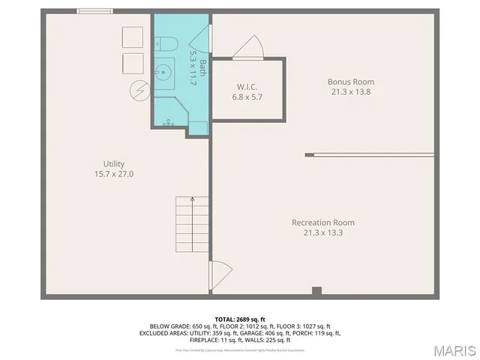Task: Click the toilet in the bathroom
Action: (x=166, y=43)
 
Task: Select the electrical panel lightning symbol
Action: (x=139, y=91)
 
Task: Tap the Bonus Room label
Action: (x=350, y=82)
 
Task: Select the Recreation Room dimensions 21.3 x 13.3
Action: (x=322, y=232)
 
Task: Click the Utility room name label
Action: (x=114, y=164)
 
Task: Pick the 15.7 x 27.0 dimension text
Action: (x=114, y=174)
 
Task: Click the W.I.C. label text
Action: (x=247, y=87)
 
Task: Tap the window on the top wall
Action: (x=95, y=10)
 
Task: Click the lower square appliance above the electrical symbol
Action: (x=132, y=62)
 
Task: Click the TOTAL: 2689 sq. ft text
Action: (x=240, y=319)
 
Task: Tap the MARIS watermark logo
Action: (x=451, y=349)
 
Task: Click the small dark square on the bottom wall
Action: (x=316, y=291)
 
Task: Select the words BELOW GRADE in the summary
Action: (x=170, y=326)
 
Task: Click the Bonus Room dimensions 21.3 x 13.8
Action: (x=350, y=91)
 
